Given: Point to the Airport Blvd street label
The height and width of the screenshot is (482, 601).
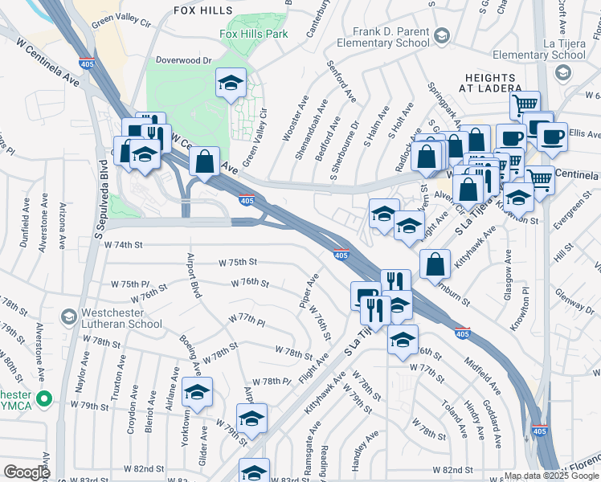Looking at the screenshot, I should (193, 276).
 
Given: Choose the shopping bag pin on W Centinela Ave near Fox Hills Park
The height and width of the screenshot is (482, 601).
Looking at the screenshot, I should (205, 161).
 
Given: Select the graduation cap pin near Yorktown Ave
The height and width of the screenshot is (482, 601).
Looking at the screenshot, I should (196, 392).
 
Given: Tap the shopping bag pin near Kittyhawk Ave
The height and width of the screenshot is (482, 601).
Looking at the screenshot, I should (435, 263).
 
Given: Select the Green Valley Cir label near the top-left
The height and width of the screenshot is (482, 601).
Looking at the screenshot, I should (121, 20).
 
